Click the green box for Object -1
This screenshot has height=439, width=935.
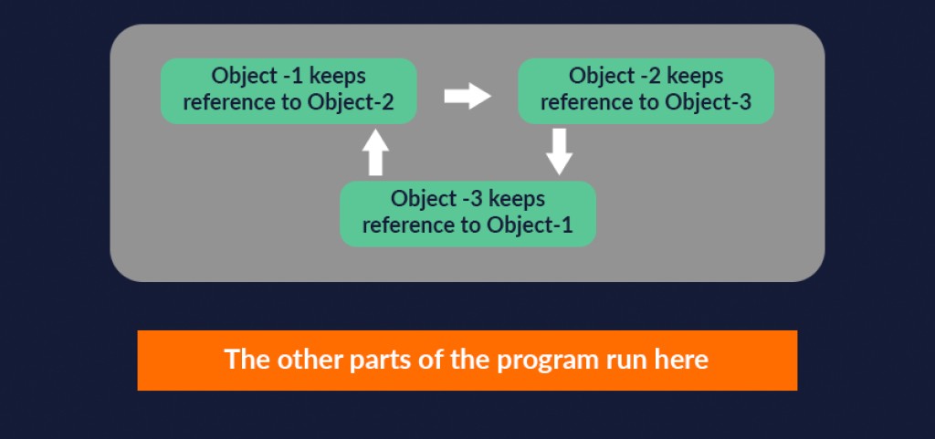click(x=289, y=90)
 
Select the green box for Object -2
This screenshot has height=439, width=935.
click(x=646, y=90)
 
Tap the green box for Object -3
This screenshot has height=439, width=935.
click(x=467, y=214)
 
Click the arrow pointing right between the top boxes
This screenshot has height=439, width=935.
click(x=467, y=96)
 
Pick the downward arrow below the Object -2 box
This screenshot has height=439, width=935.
click(x=559, y=151)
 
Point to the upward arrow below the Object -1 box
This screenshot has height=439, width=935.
click(x=375, y=152)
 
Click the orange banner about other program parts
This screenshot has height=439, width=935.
click(x=467, y=360)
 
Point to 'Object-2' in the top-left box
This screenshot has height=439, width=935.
click(x=351, y=102)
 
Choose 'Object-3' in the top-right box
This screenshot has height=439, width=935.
click(x=708, y=102)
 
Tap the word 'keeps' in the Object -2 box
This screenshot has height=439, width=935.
click(x=695, y=76)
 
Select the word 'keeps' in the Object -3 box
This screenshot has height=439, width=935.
click(x=517, y=199)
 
